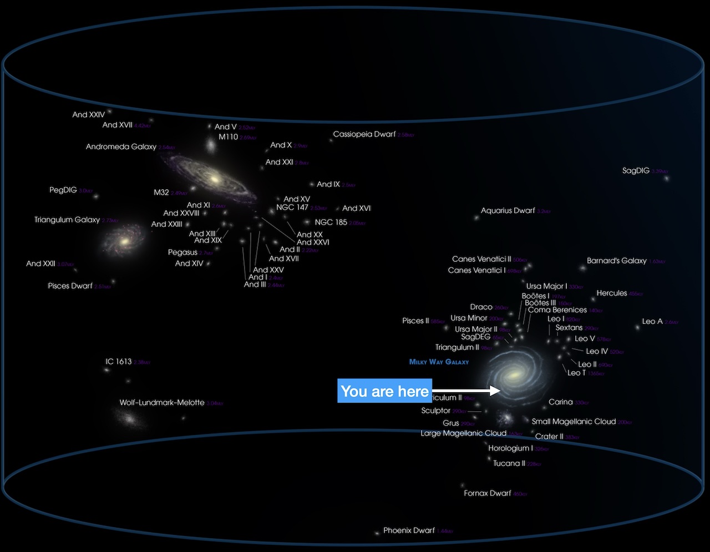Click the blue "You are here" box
point(384,391)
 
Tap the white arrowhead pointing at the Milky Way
point(495,391)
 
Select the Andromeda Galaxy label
point(121,147)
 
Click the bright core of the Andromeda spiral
point(212,179)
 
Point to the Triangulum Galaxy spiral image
point(125,242)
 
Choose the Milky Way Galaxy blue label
point(439,362)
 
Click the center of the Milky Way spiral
point(513,376)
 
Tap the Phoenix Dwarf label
point(409,530)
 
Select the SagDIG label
point(636,171)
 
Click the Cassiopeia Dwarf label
point(364,134)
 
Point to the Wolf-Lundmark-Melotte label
point(162,403)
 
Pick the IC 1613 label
point(119,362)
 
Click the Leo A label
point(652,322)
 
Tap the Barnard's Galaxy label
point(617,261)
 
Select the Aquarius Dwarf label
point(508,211)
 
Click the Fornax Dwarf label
point(488,493)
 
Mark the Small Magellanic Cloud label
point(574,422)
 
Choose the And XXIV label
point(89,115)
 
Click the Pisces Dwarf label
point(70,286)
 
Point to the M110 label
point(228,137)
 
